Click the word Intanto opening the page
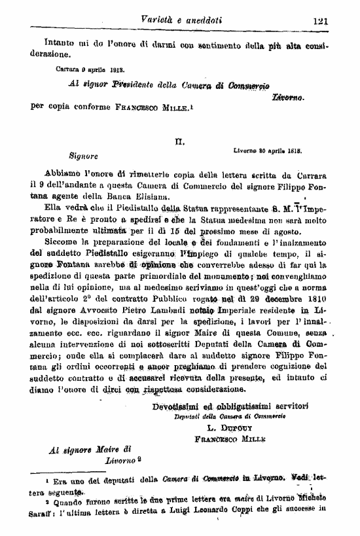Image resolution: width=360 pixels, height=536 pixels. pyautogui.click(x=46, y=46)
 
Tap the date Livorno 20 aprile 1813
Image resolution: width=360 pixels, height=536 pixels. pyautogui.click(x=267, y=151)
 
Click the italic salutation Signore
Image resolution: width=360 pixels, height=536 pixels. pyautogui.click(x=84, y=156)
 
